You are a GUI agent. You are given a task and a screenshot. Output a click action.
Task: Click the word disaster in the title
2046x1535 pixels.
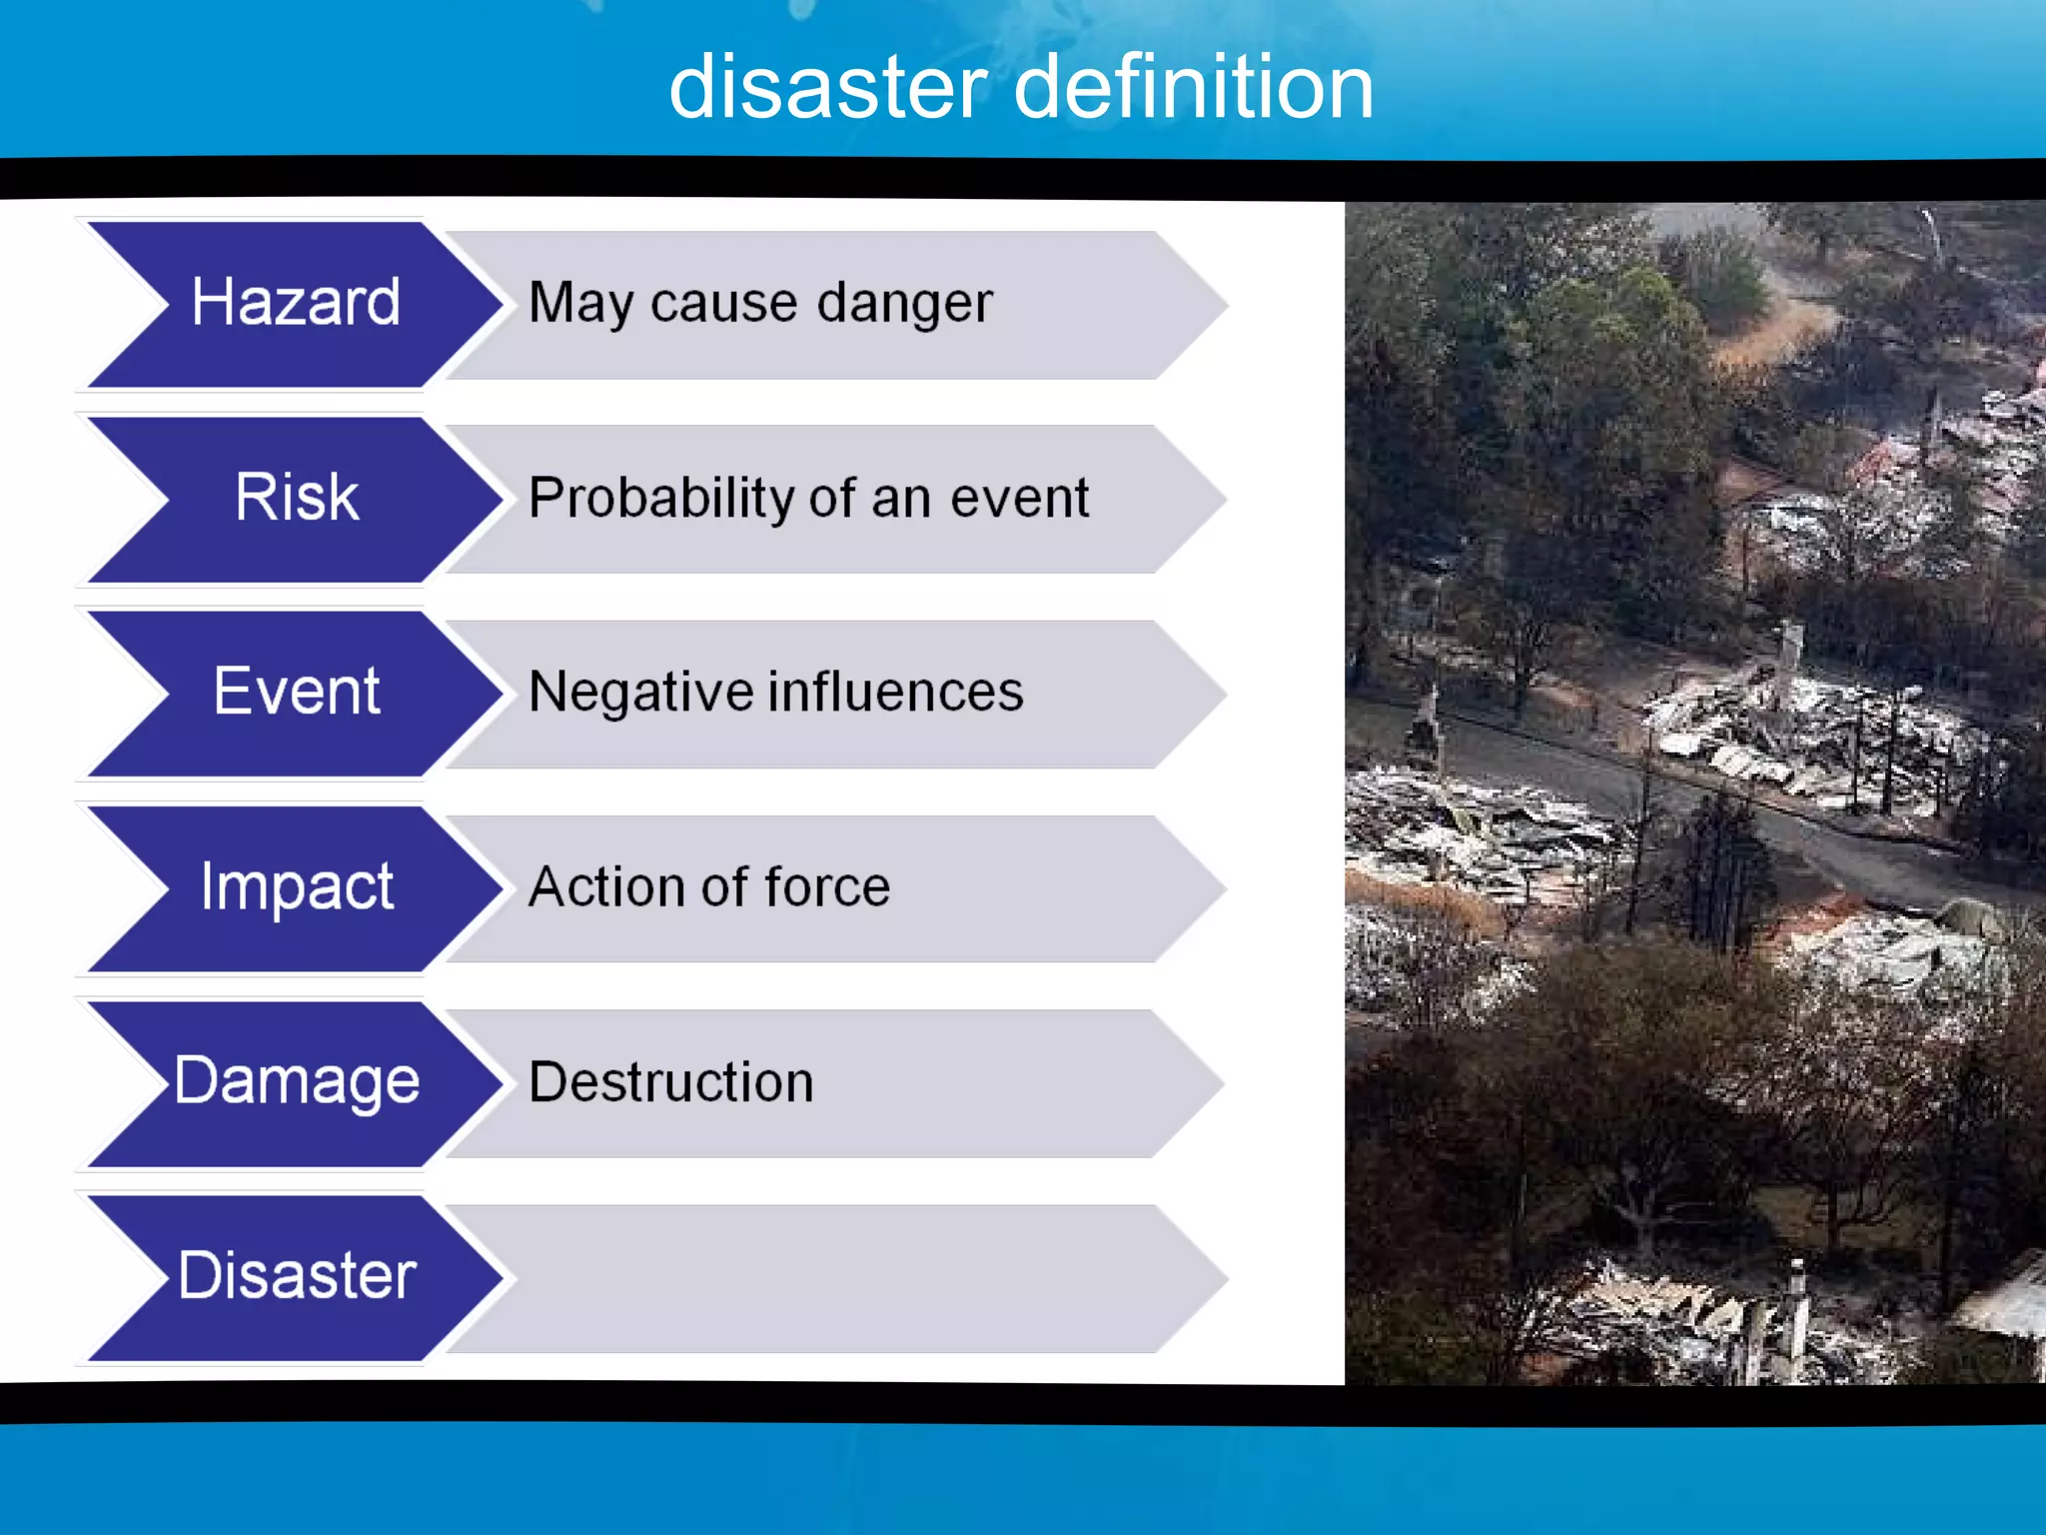[x=828, y=88]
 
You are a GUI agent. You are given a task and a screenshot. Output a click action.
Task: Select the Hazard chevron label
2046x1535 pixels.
[x=296, y=302]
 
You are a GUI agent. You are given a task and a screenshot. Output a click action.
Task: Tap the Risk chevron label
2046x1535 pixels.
[x=297, y=497]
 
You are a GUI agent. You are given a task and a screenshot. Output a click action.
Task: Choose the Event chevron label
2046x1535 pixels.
[x=297, y=692]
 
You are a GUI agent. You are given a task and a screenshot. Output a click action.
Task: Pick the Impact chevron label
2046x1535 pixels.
[x=297, y=886]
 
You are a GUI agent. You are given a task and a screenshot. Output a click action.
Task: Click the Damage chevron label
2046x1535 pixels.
[x=297, y=1081]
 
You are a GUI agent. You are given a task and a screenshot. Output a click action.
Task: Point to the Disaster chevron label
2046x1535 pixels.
[x=297, y=1276]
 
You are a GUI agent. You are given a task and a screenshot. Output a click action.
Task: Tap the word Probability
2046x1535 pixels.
[x=661, y=498]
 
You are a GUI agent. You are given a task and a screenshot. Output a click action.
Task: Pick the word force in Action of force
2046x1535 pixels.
[x=826, y=886]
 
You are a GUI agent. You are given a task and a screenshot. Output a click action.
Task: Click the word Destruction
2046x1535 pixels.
[x=671, y=1082]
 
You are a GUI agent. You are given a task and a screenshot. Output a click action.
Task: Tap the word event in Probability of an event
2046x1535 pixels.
[x=1019, y=498]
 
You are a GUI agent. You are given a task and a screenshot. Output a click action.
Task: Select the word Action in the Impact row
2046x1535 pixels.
[x=605, y=886]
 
